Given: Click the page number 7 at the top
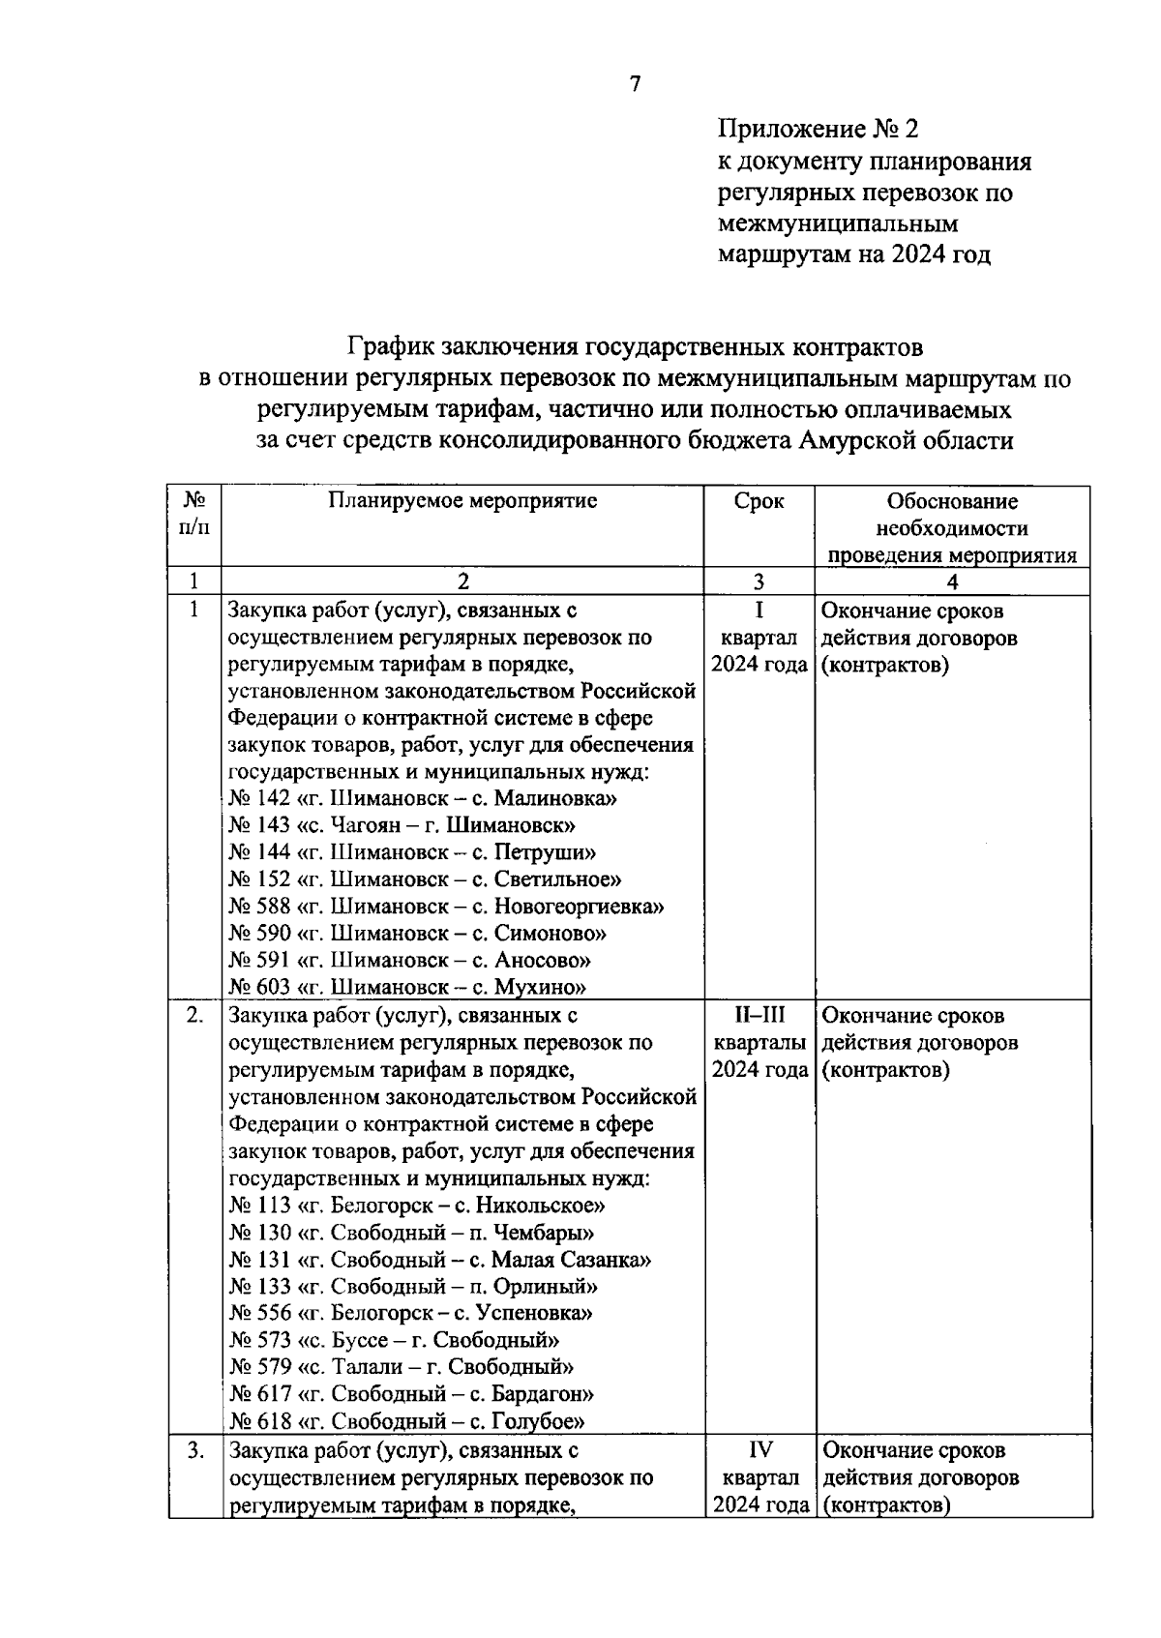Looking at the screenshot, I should [x=635, y=85].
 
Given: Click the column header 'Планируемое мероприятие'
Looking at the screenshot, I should [x=461, y=500].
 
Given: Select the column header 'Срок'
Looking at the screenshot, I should [x=759, y=501].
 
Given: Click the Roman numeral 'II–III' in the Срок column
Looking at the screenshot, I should [x=759, y=1015].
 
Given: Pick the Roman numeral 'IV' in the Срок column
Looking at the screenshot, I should [x=759, y=1450].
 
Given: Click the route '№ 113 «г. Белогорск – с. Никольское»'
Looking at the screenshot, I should [x=417, y=1206].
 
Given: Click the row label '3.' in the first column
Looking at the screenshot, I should [x=194, y=1450].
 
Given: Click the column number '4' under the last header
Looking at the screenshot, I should [x=952, y=581].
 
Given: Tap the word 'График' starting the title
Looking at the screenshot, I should [x=391, y=346].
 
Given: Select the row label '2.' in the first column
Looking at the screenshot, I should [x=194, y=1015].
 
